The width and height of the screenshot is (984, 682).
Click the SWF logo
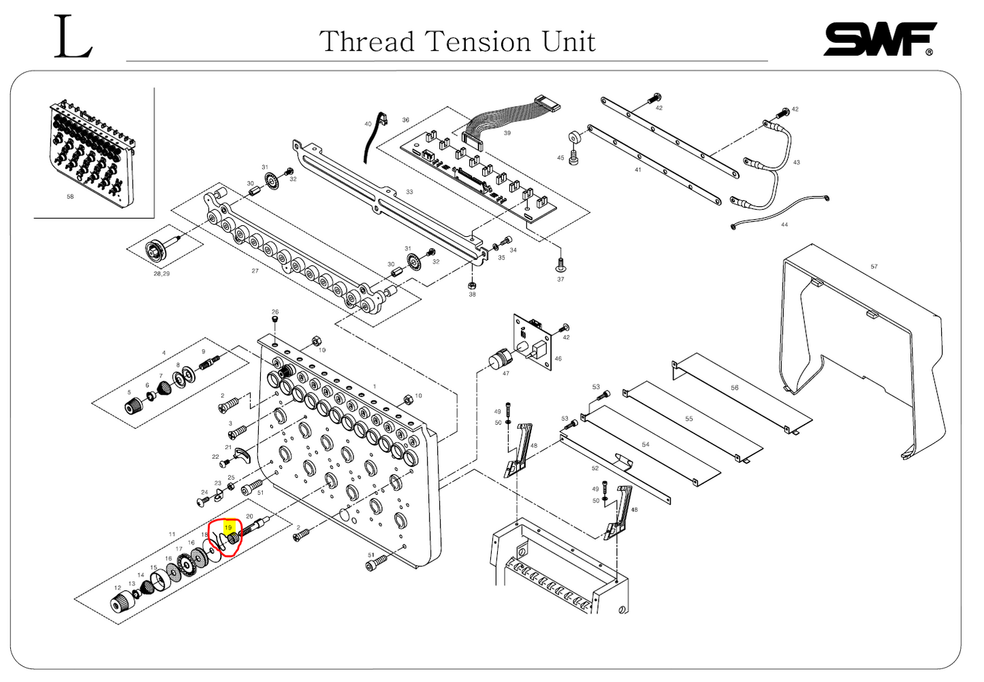(879, 39)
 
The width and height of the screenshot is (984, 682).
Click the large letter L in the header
(73, 38)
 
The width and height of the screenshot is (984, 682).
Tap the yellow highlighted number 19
(228, 527)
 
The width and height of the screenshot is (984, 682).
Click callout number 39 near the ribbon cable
(507, 133)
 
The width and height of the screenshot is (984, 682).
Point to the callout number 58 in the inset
(70, 197)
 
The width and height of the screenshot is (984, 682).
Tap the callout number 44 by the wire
(784, 225)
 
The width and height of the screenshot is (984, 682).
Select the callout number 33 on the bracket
(409, 192)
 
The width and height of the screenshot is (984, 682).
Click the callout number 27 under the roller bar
(255, 271)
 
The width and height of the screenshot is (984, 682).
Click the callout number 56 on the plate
(734, 388)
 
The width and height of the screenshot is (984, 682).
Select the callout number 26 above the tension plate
(275, 312)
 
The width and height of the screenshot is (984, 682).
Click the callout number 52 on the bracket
(594, 468)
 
